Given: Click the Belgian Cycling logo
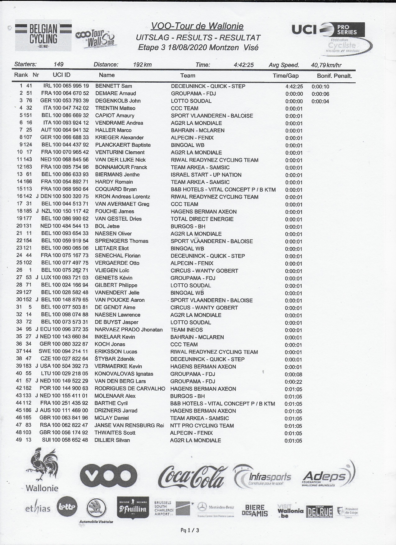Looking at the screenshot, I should (43, 35).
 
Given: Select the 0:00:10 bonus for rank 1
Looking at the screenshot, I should (320, 87).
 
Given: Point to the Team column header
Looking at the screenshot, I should (188, 76).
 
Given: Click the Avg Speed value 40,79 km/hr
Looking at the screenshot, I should (326, 65).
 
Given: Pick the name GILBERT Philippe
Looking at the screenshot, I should (116, 285).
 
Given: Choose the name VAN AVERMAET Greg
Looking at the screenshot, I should (122, 204).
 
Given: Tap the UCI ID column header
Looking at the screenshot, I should (61, 75).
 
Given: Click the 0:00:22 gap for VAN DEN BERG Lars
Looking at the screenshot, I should (294, 382).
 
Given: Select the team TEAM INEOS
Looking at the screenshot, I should (186, 330).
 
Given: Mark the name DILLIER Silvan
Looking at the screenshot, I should (112, 440).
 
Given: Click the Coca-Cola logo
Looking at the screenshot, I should (191, 477).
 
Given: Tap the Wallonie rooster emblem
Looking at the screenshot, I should (42, 465).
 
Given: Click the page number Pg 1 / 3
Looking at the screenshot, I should (189, 530).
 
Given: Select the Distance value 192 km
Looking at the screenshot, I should (142, 65).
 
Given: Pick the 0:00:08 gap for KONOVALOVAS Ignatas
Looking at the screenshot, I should (294, 374).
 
